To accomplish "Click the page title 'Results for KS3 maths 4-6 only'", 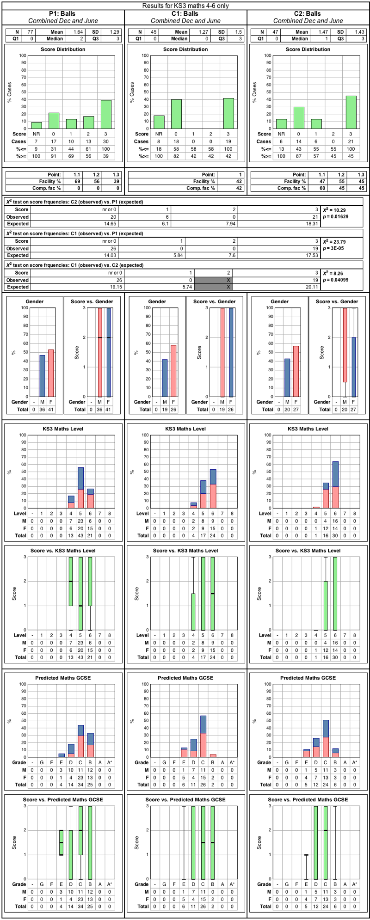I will pyautogui.click(x=185, y=6).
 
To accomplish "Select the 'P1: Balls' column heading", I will pyautogui.click(x=63, y=14).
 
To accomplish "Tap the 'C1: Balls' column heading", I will pyautogui.click(x=186, y=14).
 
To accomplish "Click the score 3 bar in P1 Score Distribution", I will pyautogui.click(x=106, y=114).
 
